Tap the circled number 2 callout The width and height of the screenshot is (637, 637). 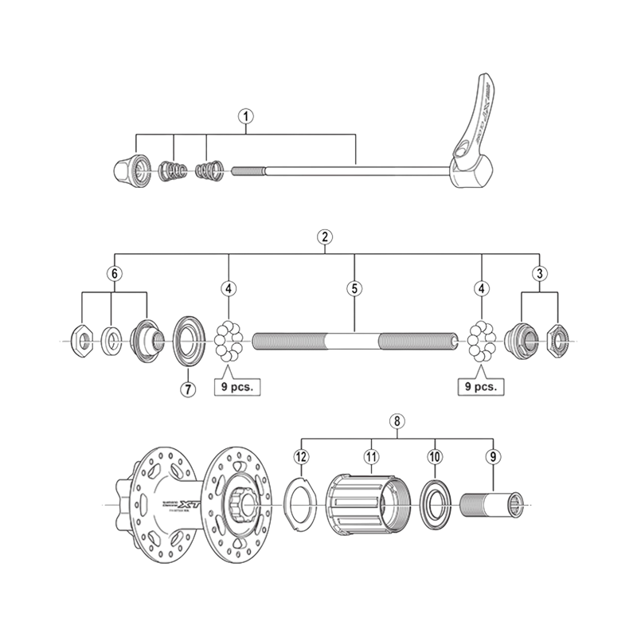click(x=324, y=236)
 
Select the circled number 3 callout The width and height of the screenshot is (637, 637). click(x=541, y=273)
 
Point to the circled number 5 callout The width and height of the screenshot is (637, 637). click(x=354, y=287)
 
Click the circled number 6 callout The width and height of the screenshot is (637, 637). click(x=115, y=273)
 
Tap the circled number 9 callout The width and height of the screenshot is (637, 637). click(x=494, y=456)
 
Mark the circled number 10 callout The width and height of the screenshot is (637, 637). click(x=434, y=456)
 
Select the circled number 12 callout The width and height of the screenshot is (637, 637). click(x=300, y=456)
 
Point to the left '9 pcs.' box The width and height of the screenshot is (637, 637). click(x=236, y=387)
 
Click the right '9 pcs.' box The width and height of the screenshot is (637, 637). click(x=482, y=387)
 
